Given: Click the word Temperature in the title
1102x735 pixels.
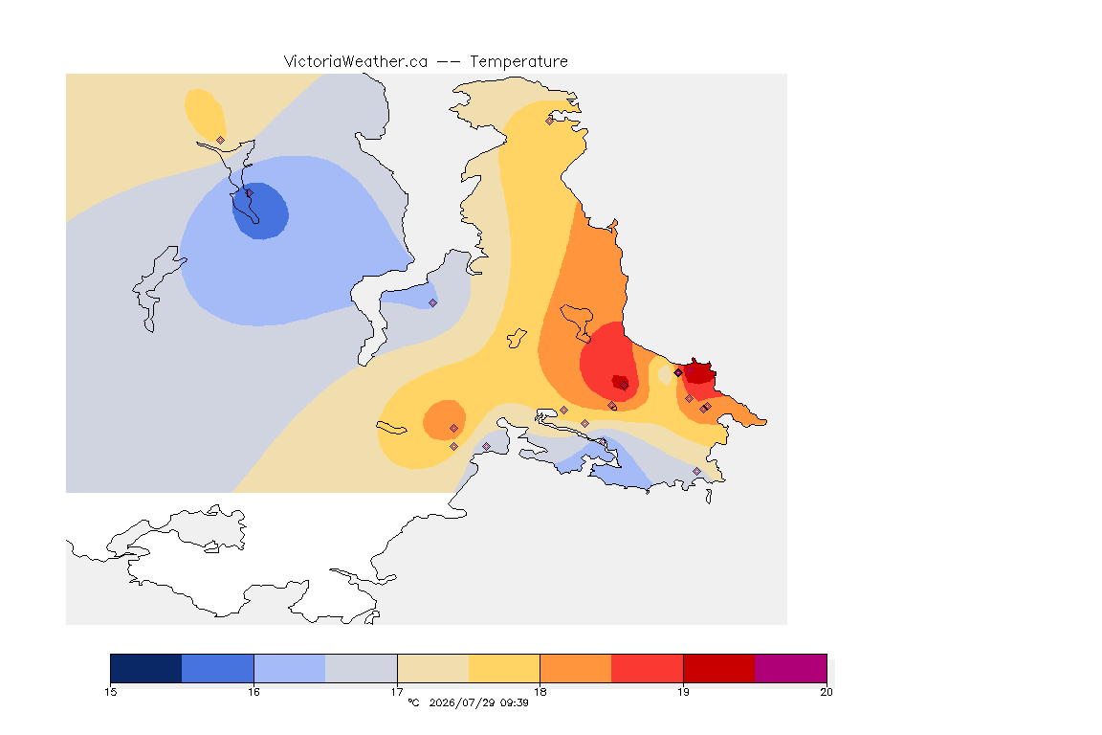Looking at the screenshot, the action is pyautogui.click(x=518, y=62).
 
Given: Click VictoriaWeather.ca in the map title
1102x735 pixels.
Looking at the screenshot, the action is pyautogui.click(x=356, y=62).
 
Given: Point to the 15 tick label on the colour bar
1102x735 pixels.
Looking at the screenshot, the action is pyautogui.click(x=110, y=692).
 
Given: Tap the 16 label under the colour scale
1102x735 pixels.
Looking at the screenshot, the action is pyautogui.click(x=253, y=692).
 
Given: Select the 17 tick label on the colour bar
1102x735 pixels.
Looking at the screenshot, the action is pyautogui.click(x=397, y=692).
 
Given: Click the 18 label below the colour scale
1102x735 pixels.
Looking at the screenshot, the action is pyautogui.click(x=540, y=692).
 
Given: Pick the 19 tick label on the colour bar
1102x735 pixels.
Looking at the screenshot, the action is pyautogui.click(x=683, y=692).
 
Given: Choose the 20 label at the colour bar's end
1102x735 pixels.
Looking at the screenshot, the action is pyautogui.click(x=826, y=692).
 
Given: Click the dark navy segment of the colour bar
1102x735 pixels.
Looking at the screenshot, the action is pyautogui.click(x=146, y=668).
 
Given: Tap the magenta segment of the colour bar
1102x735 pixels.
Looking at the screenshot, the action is pyautogui.click(x=791, y=668).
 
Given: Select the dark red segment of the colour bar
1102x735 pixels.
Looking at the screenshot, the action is pyautogui.click(x=719, y=668).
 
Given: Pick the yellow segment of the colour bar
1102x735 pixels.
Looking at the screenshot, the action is pyautogui.click(x=504, y=668).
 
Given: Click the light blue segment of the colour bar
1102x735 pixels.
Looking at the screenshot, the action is pyautogui.click(x=290, y=668).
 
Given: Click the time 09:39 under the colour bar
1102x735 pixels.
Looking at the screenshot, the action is pyautogui.click(x=515, y=702).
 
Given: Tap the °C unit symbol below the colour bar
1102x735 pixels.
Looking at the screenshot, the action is pyautogui.click(x=414, y=702).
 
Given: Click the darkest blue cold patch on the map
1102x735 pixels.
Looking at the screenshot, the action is pyautogui.click(x=261, y=211).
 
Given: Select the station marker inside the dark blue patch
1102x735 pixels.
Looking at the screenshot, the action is pyautogui.click(x=249, y=193).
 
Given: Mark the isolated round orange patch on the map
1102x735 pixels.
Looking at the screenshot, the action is pyautogui.click(x=444, y=420).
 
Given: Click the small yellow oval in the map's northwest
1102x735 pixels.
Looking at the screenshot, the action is pyautogui.click(x=205, y=116).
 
